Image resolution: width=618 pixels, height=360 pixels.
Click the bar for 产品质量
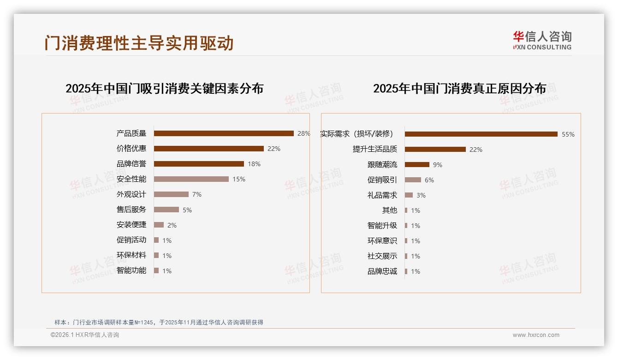point(224,133)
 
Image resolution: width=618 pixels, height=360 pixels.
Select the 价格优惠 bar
point(208,149)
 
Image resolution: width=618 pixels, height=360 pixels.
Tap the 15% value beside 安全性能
point(239,179)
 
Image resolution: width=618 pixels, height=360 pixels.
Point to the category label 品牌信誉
point(131,164)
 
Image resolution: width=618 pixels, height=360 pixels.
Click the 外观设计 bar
point(171,194)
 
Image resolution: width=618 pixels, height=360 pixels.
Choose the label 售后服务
point(131,210)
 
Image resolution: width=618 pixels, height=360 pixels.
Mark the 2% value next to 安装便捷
point(172,225)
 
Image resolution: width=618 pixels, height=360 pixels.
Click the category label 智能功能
point(131,270)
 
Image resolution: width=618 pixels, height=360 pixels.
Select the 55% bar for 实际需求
point(481,134)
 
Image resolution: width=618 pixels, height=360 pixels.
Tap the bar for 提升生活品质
point(435,150)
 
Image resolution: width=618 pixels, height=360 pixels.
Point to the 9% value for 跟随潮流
point(438,165)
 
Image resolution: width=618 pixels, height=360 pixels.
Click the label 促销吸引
point(382,180)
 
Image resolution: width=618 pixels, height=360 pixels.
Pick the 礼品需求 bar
point(409,195)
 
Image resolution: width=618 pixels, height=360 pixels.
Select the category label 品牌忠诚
point(382,271)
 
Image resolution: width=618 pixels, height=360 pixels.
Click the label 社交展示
point(382,256)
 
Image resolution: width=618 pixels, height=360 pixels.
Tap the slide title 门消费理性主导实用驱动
point(139,43)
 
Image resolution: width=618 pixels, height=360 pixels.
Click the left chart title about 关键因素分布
point(164,88)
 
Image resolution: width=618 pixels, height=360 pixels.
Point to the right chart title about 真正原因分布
point(459,88)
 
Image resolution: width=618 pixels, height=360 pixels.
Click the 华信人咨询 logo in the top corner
point(542,40)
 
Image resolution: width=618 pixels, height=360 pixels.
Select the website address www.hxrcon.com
point(536,335)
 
